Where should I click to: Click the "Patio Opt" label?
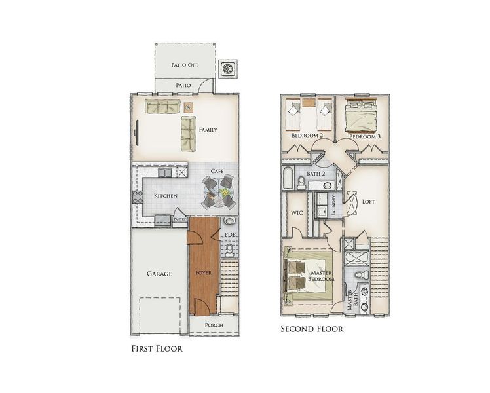tap(184, 65)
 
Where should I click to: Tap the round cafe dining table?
tap(218, 192)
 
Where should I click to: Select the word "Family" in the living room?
tap(208, 130)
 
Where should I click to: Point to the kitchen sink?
tap(166, 173)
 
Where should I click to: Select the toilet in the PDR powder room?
tap(230, 250)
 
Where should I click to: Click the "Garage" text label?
tap(159, 274)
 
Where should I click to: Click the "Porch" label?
tap(214, 325)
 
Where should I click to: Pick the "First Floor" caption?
tap(157, 349)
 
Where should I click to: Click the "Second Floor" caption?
tap(312, 329)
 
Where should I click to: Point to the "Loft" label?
tap(368, 202)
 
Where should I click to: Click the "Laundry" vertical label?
tap(334, 206)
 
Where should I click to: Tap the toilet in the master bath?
tap(364, 274)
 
